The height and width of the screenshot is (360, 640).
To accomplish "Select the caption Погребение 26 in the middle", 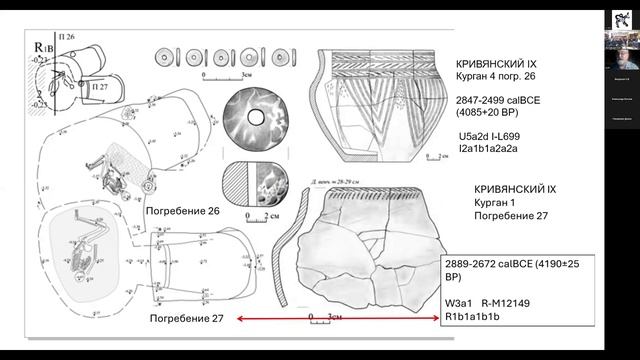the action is click(x=182, y=212).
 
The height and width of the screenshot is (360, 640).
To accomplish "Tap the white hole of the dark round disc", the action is click(x=255, y=119).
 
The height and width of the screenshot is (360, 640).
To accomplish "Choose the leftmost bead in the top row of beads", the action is click(x=166, y=55).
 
